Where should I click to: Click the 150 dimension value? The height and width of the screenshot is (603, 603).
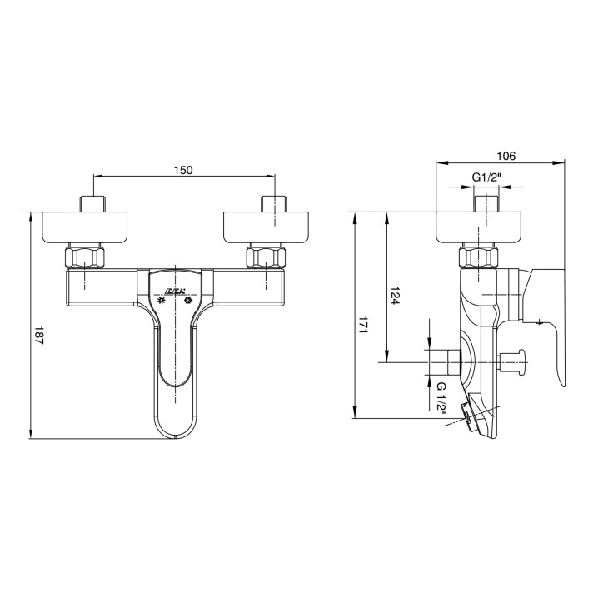(x=183, y=170)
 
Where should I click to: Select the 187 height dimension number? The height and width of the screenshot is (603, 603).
(x=39, y=336)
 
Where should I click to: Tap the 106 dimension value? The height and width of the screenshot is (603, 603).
(x=506, y=156)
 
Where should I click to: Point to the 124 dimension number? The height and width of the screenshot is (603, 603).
(x=395, y=296)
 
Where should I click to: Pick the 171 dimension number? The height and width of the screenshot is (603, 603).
(x=363, y=325)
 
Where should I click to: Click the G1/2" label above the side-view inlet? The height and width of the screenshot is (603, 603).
(x=487, y=177)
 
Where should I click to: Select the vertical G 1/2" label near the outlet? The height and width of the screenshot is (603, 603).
(x=441, y=398)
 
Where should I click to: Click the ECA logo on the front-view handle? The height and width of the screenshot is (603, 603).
(x=176, y=292)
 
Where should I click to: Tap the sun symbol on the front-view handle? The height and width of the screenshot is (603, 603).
(x=162, y=301)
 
